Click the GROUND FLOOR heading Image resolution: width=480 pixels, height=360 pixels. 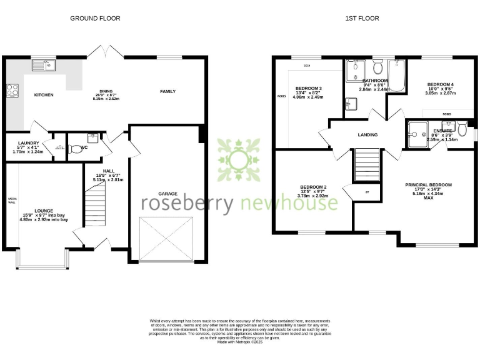(x=95, y=19)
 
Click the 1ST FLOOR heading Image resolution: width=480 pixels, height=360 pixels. (x=362, y=19)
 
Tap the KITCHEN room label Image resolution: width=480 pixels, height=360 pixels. (x=43, y=95)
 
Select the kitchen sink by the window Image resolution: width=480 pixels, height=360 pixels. (x=46, y=64)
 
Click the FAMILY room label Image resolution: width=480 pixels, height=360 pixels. (x=167, y=92)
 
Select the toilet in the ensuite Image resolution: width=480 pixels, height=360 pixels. (x=462, y=129)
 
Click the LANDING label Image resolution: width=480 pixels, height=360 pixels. (x=367, y=134)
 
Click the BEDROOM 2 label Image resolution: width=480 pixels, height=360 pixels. (x=314, y=187)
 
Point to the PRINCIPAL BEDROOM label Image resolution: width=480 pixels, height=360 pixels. (x=428, y=185)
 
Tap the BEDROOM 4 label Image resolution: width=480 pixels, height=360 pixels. (x=441, y=84)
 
